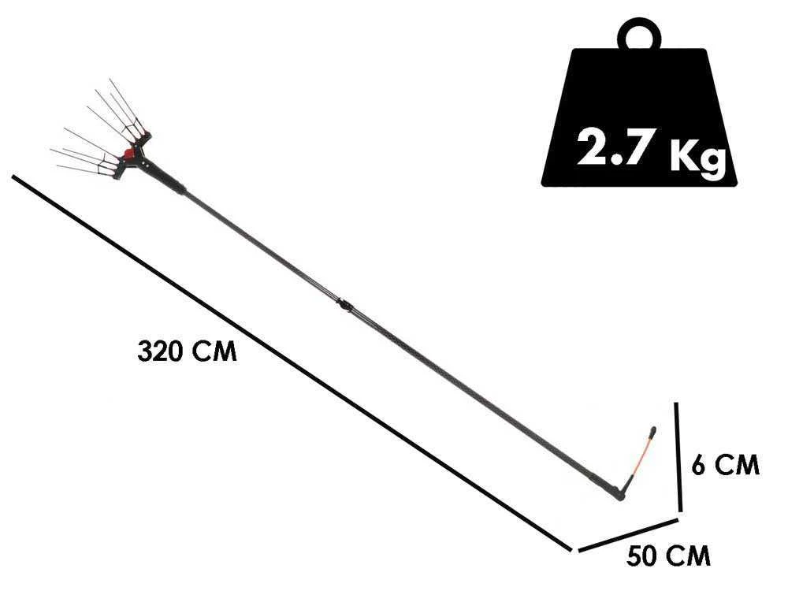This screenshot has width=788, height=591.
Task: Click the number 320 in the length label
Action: pos(160,351)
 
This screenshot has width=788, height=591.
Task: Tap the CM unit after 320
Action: pos(214,351)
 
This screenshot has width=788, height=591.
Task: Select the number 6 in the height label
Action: pos(698,465)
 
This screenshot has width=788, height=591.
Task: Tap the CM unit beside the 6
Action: pos(737,465)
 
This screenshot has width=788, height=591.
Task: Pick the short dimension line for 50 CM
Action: pos(628,535)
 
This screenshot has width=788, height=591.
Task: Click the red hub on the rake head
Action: pos(129,153)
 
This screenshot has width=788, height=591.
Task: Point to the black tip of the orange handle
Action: pos(652,431)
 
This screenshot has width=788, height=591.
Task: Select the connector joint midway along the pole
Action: pos(344,304)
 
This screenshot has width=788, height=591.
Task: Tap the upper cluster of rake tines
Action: pos(121,110)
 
